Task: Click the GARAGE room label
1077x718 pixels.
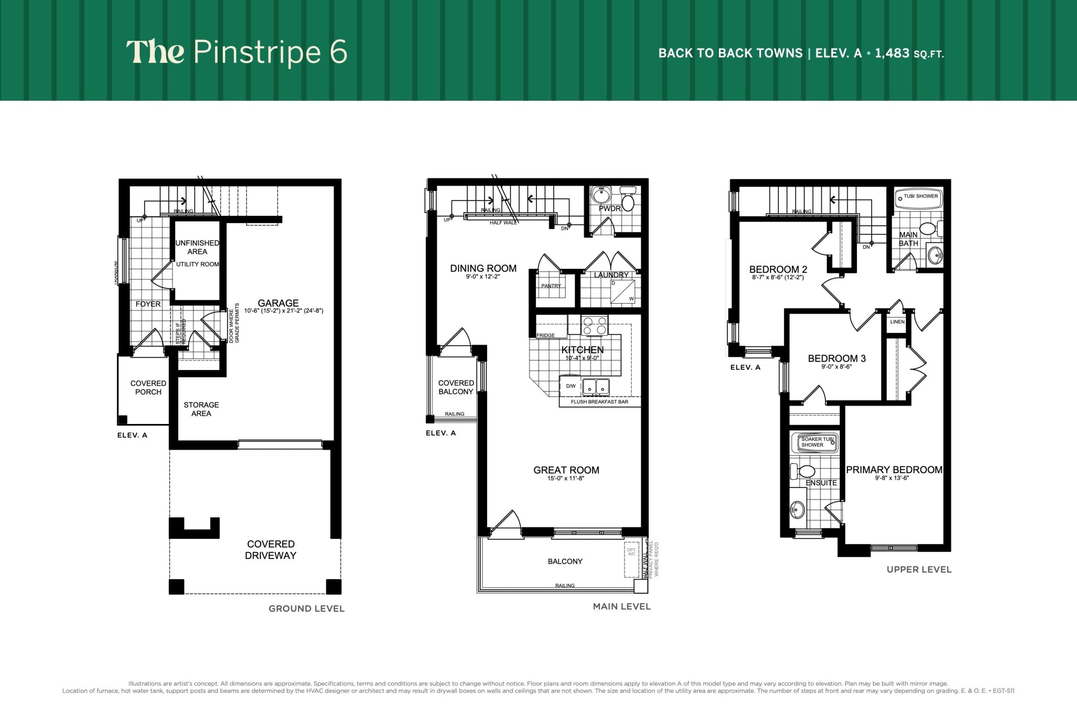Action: [278, 303]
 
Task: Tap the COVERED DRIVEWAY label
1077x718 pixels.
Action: [271, 549]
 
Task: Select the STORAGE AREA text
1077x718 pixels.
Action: [201, 409]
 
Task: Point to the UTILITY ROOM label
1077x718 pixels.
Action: [197, 264]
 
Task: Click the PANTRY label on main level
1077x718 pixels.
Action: [551, 286]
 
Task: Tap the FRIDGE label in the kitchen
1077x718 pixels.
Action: [545, 335]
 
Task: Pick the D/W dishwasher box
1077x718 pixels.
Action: [570, 386]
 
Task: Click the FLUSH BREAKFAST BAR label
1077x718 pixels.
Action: [599, 402]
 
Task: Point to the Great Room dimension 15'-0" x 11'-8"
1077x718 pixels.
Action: [565, 479]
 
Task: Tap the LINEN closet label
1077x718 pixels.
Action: [897, 322]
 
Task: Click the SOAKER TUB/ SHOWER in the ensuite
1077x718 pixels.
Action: [814, 442]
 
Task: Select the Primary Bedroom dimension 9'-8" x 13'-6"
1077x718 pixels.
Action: [891, 478]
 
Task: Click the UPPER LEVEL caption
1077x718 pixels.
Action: [918, 570]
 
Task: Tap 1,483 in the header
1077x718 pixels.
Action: [891, 53]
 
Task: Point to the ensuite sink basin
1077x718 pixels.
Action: [797, 510]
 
